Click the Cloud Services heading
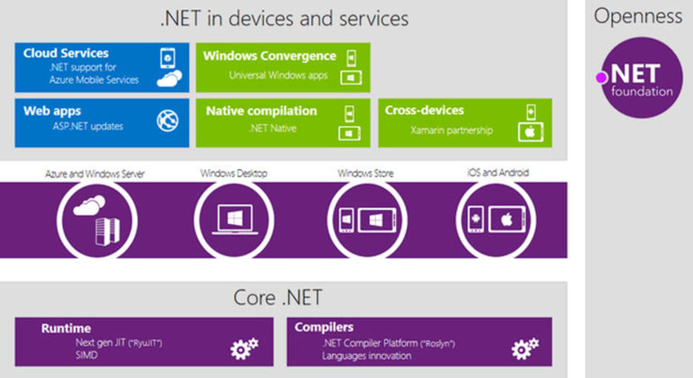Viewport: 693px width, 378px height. coord(66,53)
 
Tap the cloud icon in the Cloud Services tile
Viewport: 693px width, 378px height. coord(169,79)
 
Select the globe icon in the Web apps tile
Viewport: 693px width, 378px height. coord(168,120)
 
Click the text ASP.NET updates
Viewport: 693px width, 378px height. coord(88,126)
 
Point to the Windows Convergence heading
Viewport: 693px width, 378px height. coord(269,56)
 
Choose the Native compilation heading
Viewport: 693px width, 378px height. coord(261,111)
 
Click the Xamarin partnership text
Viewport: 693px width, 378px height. coord(452,130)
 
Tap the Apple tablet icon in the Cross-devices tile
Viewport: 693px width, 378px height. coord(530,132)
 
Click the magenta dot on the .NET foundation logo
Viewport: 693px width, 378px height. coord(601,77)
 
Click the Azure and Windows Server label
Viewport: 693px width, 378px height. coord(95,174)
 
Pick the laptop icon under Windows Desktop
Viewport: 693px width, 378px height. coord(234,220)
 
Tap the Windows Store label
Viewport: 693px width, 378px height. coord(365,173)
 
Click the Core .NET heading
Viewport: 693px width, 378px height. coord(277,297)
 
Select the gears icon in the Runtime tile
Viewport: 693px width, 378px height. coord(244,348)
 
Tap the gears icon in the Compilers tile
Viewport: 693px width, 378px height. coord(525,348)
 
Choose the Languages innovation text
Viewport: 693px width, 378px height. coord(367,356)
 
